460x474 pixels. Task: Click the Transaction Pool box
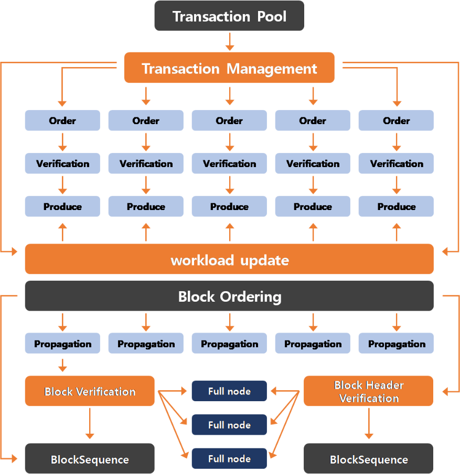(x=229, y=16)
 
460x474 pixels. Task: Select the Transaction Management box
(x=229, y=68)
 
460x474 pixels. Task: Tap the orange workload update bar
(x=229, y=260)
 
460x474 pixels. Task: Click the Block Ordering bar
(x=229, y=296)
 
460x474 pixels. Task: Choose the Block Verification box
(x=90, y=391)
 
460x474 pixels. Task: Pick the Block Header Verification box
(x=369, y=391)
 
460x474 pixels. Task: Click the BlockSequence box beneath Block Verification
(x=90, y=459)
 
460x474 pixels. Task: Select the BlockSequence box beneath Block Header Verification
(x=369, y=459)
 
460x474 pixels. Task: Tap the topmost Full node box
(x=229, y=391)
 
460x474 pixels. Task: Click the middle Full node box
(x=229, y=425)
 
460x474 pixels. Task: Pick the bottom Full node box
(x=229, y=459)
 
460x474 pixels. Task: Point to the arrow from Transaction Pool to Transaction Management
(x=229, y=41)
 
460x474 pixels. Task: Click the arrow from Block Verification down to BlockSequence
(x=90, y=423)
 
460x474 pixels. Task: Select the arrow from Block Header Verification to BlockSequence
(x=369, y=423)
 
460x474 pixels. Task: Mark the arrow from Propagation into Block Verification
(x=62, y=364)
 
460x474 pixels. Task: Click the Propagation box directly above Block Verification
(x=62, y=344)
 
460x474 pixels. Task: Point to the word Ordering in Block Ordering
(x=250, y=297)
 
